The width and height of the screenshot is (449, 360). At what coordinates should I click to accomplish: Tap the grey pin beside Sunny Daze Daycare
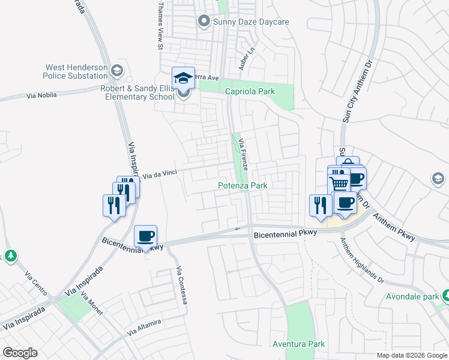203,22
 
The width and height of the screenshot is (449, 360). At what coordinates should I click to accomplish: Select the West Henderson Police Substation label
75,71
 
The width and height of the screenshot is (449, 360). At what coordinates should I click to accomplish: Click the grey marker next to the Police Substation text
116,71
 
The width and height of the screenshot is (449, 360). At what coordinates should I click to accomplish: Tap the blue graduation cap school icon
183,78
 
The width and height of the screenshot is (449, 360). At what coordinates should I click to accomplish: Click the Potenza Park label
242,186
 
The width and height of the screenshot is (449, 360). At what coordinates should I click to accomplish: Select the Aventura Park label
298,344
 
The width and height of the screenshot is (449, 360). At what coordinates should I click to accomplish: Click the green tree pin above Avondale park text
446,295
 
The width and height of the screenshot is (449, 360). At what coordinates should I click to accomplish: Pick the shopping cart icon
339,184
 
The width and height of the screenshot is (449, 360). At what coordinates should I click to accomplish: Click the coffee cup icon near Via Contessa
145,236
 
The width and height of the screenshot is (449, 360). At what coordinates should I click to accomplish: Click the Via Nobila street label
42,95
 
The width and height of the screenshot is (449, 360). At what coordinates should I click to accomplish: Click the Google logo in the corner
20,353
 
